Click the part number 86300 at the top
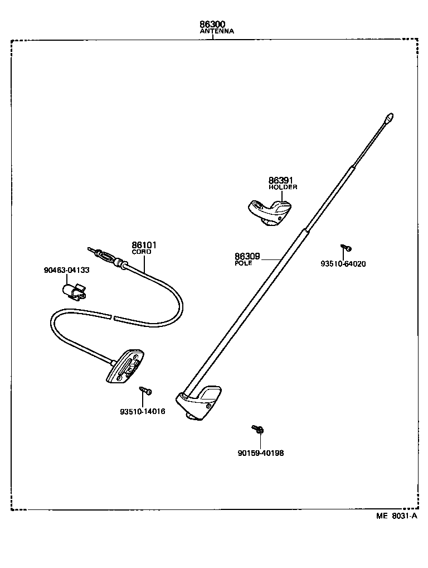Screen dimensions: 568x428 click(x=213, y=25)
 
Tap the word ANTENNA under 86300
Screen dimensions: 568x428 click(x=217, y=32)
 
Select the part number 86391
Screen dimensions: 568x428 click(x=280, y=180)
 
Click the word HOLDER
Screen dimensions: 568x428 click(x=283, y=187)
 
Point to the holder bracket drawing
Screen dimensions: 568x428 click(x=269, y=213)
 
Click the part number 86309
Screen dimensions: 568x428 click(x=247, y=256)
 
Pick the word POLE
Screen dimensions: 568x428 click(x=244, y=263)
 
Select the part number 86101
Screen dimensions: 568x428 click(x=144, y=244)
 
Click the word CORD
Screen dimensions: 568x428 click(x=141, y=252)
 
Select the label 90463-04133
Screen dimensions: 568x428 click(x=66, y=270)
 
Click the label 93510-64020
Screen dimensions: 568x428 click(x=343, y=264)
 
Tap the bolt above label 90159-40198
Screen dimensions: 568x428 click(x=257, y=429)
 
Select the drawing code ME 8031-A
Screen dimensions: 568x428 click(x=396, y=516)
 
